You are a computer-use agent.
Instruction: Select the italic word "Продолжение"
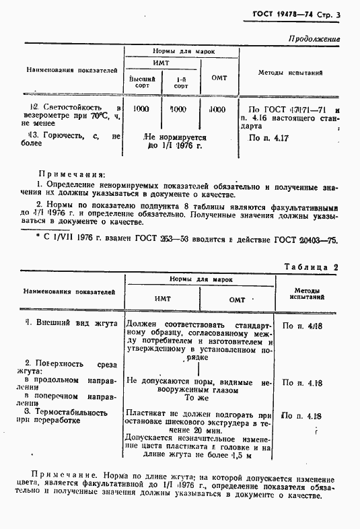click(x=314, y=40)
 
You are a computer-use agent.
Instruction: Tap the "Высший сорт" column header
click(x=142, y=83)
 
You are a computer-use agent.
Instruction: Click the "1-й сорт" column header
click(x=180, y=83)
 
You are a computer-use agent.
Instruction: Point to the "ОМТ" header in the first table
click(x=219, y=78)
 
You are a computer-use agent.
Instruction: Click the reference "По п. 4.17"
click(x=268, y=138)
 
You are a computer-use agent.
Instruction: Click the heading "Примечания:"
click(x=73, y=172)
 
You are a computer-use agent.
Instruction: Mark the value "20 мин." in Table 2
click(x=207, y=429)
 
